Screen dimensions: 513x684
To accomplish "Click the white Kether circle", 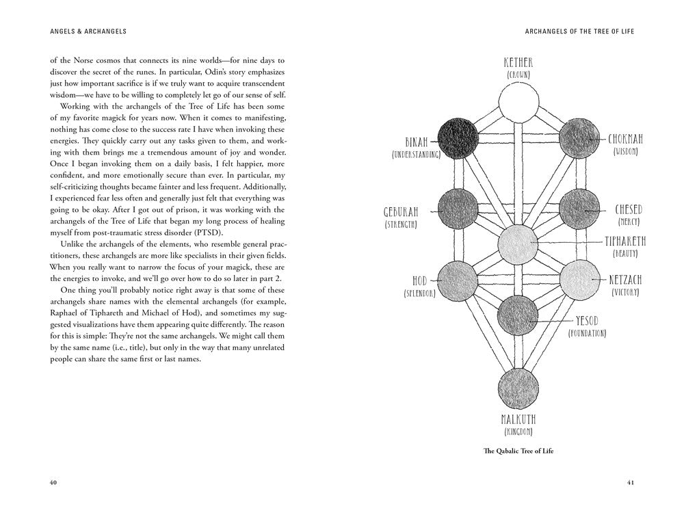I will coord(519,102).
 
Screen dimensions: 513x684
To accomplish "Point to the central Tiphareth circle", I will coord(519,243).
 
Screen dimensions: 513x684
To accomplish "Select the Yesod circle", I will coord(519,314).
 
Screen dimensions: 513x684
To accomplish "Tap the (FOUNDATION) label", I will coord(587,333).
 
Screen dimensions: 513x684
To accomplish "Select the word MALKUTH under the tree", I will coord(519,419).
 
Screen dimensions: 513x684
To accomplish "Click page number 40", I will coord(53,483).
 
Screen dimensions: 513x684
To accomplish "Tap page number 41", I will coord(631,483).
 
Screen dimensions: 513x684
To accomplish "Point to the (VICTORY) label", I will coord(625,292).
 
